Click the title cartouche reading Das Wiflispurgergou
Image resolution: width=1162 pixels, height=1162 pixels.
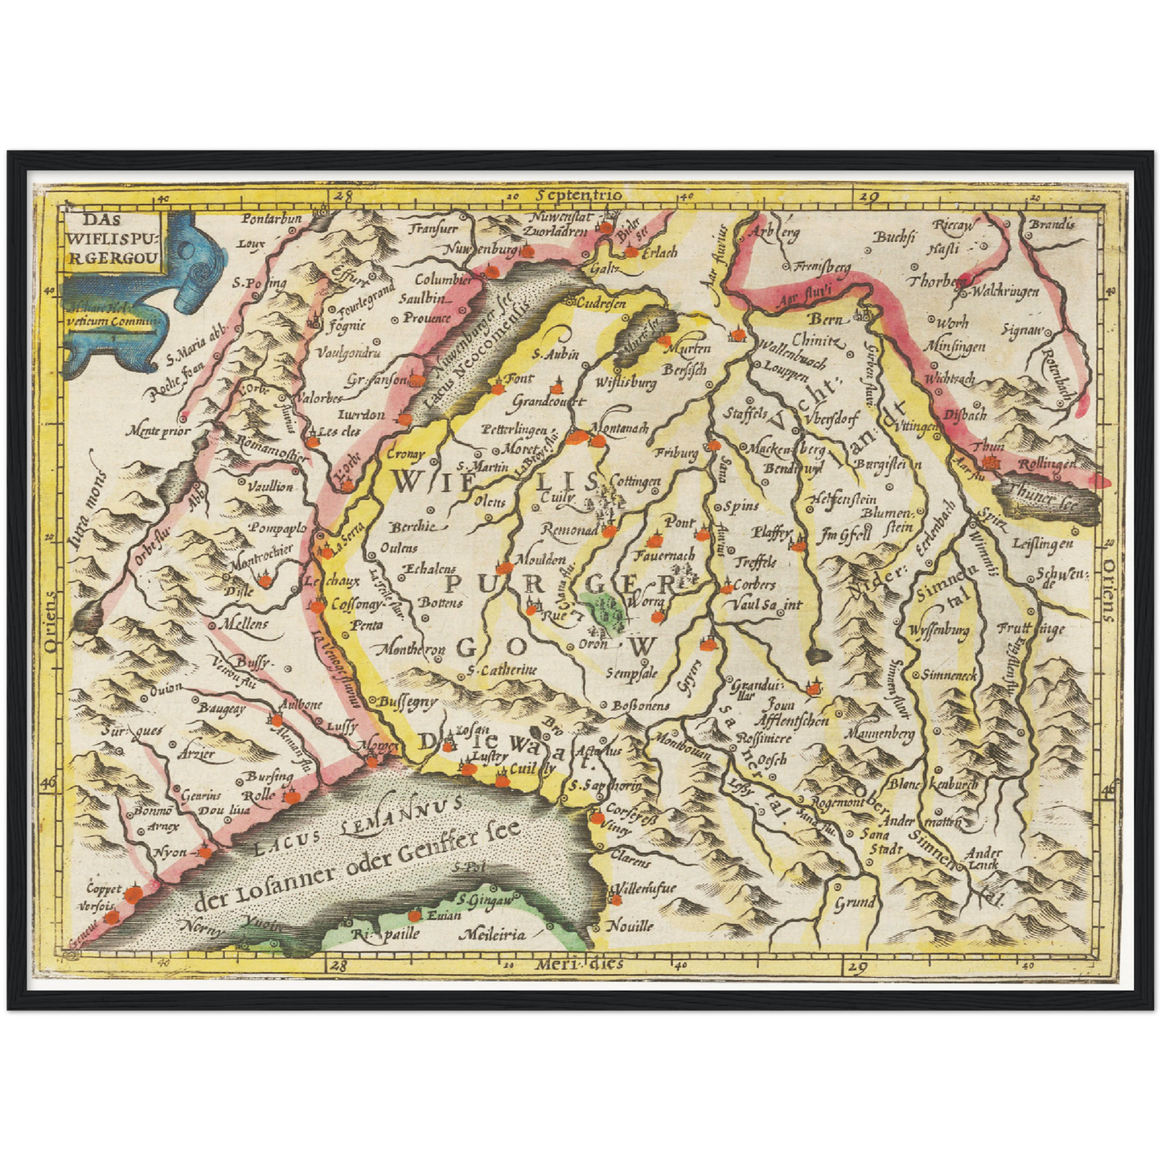tap(113, 238)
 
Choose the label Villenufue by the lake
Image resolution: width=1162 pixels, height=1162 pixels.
tap(645, 889)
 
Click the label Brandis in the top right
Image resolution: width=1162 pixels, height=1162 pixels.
tap(1052, 224)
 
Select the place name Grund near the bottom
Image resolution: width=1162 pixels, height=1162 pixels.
tap(854, 902)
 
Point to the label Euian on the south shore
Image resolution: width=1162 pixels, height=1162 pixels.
tap(443, 915)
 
